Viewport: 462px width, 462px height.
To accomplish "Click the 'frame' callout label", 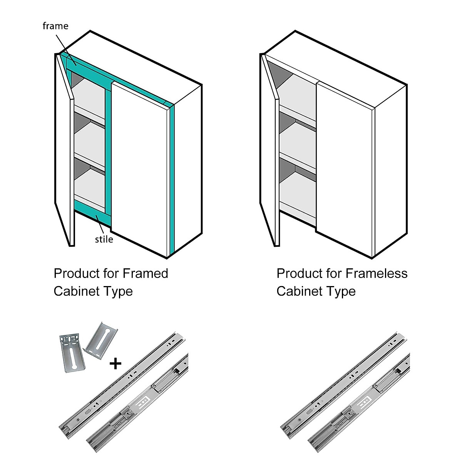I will (55, 26).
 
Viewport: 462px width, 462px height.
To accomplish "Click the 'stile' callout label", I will (104, 239).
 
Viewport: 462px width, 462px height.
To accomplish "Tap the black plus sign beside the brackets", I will (115, 363).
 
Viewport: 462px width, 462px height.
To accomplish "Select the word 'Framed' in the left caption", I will (146, 273).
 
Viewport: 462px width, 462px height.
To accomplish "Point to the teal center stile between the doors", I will (108, 154).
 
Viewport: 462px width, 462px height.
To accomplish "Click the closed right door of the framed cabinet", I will (141, 169).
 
